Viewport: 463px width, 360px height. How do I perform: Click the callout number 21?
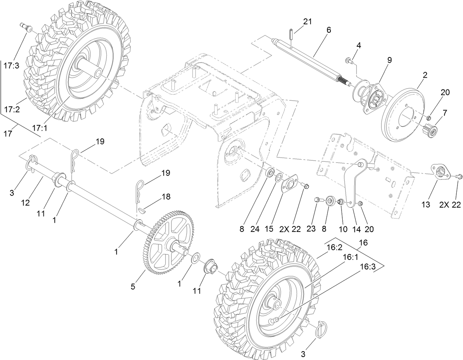[x=307, y=21]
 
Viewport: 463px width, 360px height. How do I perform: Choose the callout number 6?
[x=328, y=30]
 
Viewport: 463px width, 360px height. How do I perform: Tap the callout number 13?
[x=425, y=205]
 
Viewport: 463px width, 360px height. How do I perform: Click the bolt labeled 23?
[x=318, y=200]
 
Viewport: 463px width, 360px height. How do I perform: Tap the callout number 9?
[x=379, y=59]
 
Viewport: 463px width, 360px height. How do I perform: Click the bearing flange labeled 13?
[x=441, y=172]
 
